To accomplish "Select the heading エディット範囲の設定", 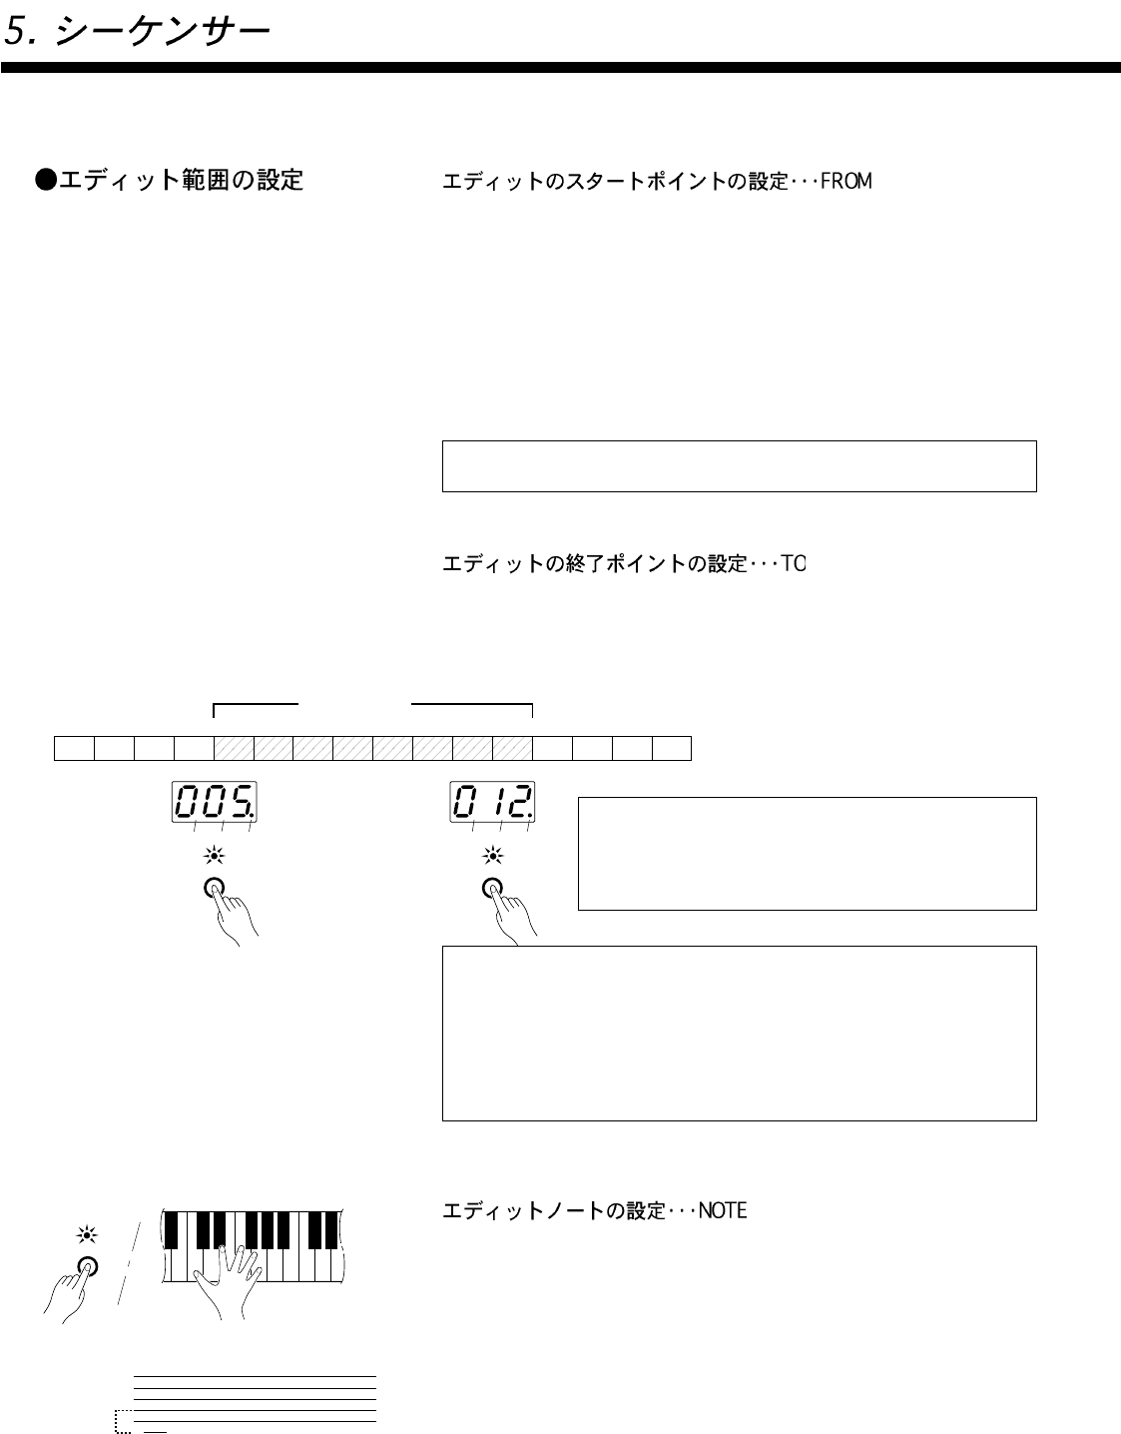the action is [x=170, y=180].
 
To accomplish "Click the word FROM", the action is [x=846, y=182].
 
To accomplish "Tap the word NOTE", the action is [x=723, y=1211].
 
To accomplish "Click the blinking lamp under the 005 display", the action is [x=214, y=855].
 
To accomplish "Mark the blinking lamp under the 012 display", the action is [x=493, y=855].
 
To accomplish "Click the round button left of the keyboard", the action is [x=88, y=1265].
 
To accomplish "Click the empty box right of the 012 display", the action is [x=807, y=853].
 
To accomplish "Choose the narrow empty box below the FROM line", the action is [x=739, y=465].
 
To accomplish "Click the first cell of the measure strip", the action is [x=74, y=748].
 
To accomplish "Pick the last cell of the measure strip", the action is [x=672, y=748].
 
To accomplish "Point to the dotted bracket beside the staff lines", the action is [x=123, y=1421].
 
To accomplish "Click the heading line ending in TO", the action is [x=624, y=564].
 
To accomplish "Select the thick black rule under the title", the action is [x=560, y=68].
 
